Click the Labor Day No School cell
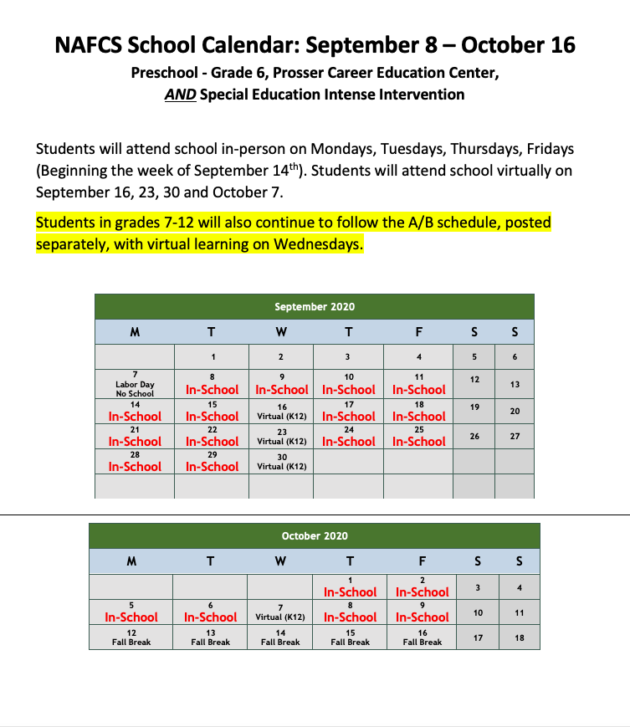click(x=135, y=384)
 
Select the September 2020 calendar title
click(x=315, y=307)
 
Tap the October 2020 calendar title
click(x=315, y=535)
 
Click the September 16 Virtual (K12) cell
click(x=282, y=410)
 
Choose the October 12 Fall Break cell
click(x=131, y=637)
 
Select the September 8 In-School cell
click(x=212, y=384)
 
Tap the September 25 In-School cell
click(x=418, y=436)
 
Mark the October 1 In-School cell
click(x=349, y=586)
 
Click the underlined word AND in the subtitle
click(x=180, y=95)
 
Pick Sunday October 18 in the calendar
click(x=519, y=637)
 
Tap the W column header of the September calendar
click(x=281, y=332)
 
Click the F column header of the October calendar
click(x=423, y=561)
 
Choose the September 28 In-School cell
click(x=135, y=461)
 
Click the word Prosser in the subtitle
click(x=284, y=73)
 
